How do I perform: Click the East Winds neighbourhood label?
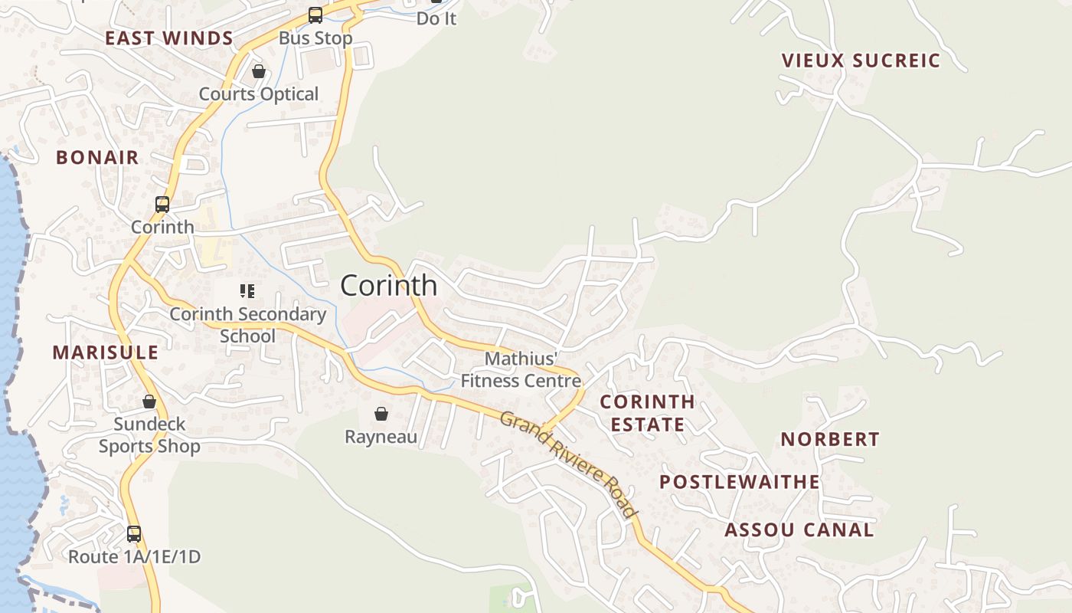pyautogui.click(x=169, y=38)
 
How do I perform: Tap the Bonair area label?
pyautogui.click(x=97, y=158)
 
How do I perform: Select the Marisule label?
pyautogui.click(x=106, y=352)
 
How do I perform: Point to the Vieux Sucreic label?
pyautogui.click(x=861, y=61)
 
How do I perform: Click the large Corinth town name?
pyautogui.click(x=389, y=286)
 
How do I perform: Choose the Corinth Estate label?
pyautogui.click(x=647, y=413)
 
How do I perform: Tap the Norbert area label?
pyautogui.click(x=830, y=439)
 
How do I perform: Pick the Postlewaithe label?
pyautogui.click(x=740, y=482)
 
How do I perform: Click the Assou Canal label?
pyautogui.click(x=799, y=530)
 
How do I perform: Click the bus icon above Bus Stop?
pyautogui.click(x=315, y=15)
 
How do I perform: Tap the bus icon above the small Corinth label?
pyautogui.click(x=162, y=205)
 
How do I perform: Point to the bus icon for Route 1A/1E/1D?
pyautogui.click(x=134, y=534)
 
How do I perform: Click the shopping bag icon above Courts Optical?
pyautogui.click(x=259, y=72)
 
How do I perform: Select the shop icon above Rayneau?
pyautogui.click(x=381, y=415)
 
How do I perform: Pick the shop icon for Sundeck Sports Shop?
pyautogui.click(x=149, y=402)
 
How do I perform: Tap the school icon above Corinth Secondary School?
pyautogui.click(x=247, y=291)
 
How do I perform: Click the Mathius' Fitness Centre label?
pyautogui.click(x=521, y=369)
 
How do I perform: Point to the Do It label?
pyautogui.click(x=436, y=18)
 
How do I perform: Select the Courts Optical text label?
pyautogui.click(x=259, y=94)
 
